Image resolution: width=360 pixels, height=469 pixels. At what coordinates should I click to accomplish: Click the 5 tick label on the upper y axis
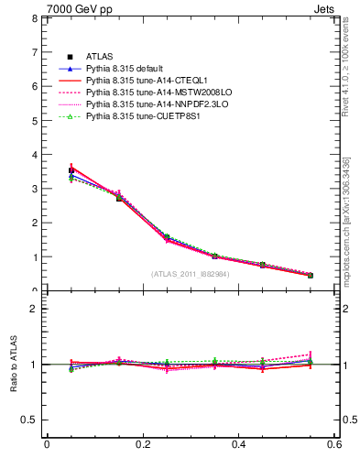(x=34, y=121)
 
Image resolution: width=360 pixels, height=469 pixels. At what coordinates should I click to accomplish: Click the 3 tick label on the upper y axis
(x=34, y=189)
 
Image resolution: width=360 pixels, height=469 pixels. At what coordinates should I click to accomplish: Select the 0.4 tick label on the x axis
(x=239, y=446)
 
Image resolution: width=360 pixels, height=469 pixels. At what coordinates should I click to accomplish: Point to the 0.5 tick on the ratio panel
(x=30, y=420)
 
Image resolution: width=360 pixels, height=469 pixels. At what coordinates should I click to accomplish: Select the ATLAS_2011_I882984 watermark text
(x=191, y=274)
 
